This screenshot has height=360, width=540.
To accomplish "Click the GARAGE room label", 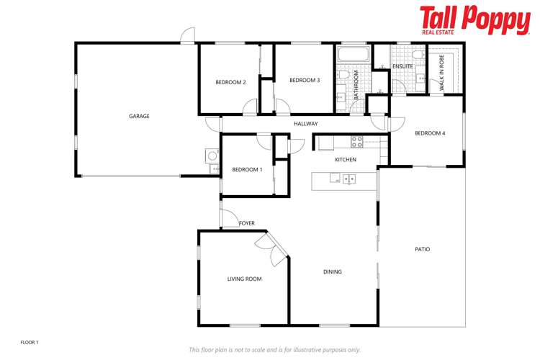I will (139, 116).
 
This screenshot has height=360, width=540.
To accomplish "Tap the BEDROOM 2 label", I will (231, 82).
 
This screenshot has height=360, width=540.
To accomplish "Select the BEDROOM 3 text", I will (305, 81).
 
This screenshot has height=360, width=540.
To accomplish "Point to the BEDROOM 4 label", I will (430, 133).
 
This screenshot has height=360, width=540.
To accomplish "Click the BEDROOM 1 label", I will (247, 169).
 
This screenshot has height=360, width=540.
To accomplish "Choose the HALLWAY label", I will (305, 124).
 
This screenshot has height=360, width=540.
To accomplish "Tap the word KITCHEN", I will (346, 159).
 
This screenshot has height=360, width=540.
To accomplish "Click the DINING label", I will (332, 271).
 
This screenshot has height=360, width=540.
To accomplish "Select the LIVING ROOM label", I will (244, 279).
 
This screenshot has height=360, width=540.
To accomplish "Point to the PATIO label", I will (422, 249).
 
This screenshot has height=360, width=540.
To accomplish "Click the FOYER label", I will (246, 223).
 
